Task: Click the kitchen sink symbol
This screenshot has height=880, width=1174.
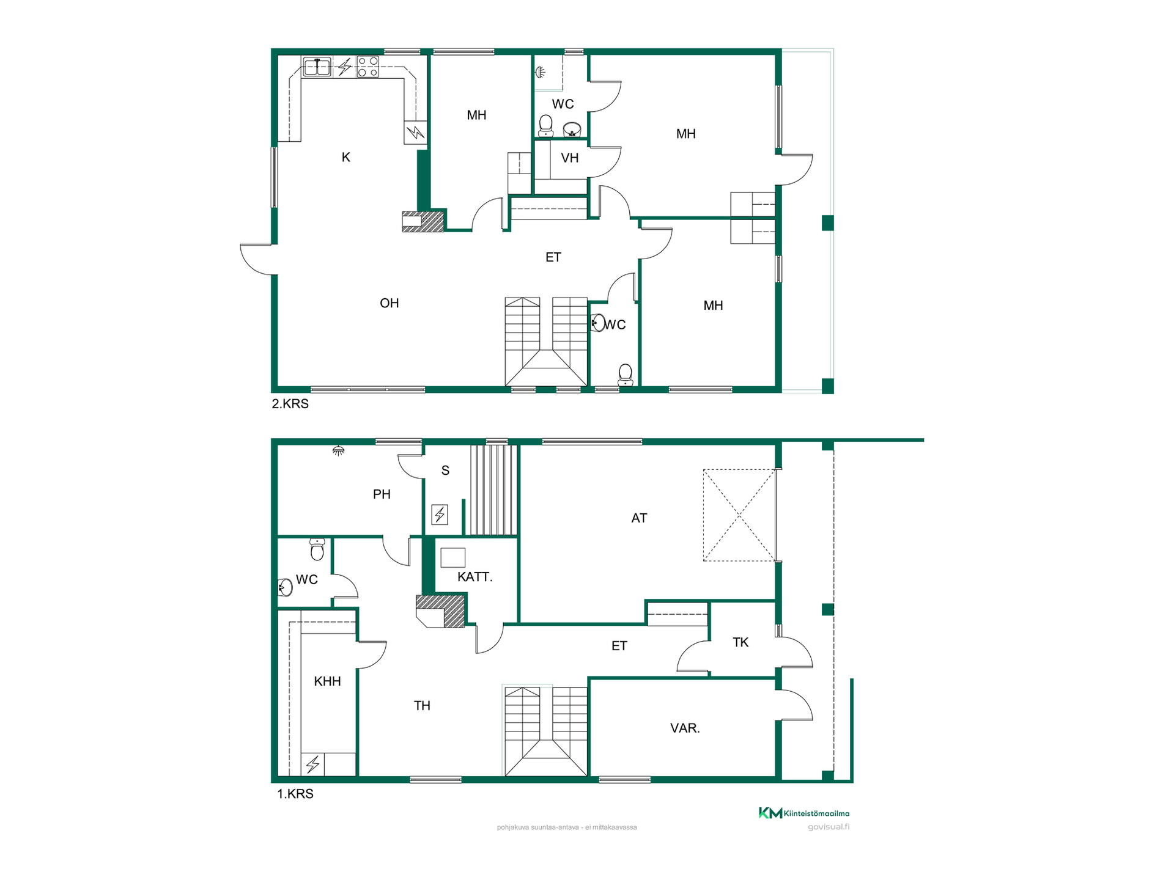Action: (x=317, y=67)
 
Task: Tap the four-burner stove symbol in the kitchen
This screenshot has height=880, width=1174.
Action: (x=368, y=67)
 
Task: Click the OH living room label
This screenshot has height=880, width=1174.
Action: (x=389, y=303)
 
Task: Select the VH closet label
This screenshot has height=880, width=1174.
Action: (x=570, y=158)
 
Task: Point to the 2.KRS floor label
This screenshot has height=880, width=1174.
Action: (x=290, y=404)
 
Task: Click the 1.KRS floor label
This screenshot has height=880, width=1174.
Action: (x=295, y=794)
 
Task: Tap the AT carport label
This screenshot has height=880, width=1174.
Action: (x=639, y=518)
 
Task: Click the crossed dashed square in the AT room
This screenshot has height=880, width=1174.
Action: (x=739, y=515)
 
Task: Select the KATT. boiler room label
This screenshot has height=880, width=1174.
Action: (x=475, y=577)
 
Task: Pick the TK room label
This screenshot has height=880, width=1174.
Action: (x=740, y=642)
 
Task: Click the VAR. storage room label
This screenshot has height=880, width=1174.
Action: (x=685, y=728)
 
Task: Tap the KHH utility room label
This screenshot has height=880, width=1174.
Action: (x=327, y=681)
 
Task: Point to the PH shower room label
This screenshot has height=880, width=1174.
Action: (x=382, y=494)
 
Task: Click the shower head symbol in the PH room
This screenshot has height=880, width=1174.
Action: (x=338, y=451)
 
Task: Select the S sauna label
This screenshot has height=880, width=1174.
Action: (x=445, y=471)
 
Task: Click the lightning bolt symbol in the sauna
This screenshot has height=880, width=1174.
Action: (x=440, y=515)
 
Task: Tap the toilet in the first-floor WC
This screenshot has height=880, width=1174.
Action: (x=317, y=549)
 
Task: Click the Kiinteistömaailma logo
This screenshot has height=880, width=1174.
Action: (x=804, y=813)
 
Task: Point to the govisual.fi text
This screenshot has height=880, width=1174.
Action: (x=829, y=827)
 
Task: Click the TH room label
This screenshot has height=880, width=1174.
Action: (x=422, y=706)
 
